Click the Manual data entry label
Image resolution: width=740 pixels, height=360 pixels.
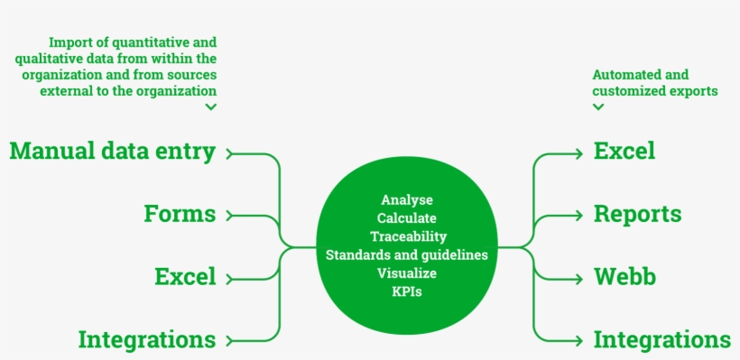pos(112,152)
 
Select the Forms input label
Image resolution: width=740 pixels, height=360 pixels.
pos(180,214)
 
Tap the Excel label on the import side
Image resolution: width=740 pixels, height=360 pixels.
pos(185,276)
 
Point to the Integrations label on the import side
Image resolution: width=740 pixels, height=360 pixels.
pos(147,340)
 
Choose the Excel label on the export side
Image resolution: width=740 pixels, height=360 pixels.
pos(624,152)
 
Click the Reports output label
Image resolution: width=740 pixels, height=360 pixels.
pos(637,214)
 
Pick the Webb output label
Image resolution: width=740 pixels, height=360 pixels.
pos(624,276)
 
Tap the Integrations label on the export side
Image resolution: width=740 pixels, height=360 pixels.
pos(661,340)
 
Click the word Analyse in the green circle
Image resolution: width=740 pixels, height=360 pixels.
pos(407,199)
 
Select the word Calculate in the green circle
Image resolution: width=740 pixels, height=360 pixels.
pos(407,218)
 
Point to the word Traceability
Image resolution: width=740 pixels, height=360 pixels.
pos(408,236)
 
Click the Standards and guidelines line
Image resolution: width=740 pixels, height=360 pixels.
pos(407,255)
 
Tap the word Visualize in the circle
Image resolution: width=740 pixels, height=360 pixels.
pos(407,273)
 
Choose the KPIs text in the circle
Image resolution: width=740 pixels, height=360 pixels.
pos(407,292)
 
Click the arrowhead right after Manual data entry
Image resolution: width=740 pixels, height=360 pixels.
pos(230,153)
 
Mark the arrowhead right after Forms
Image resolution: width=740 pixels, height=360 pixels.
pos(230,216)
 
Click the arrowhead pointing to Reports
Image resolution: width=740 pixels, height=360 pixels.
pos(579,216)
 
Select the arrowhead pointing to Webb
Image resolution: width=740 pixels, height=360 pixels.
pos(579,277)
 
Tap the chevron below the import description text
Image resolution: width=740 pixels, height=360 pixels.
pos(210,106)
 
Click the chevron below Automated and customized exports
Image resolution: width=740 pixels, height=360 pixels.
pos(597,106)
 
